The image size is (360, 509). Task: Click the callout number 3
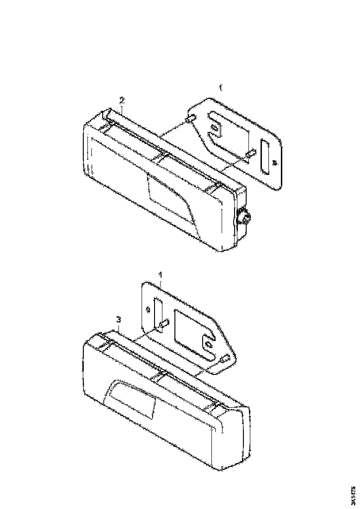119,319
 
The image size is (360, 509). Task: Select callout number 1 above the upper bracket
220,87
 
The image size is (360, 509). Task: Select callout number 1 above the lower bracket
160,275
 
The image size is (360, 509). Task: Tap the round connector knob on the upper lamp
242,216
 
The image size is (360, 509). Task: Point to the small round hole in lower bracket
148,309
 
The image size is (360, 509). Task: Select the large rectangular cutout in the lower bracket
190,326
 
